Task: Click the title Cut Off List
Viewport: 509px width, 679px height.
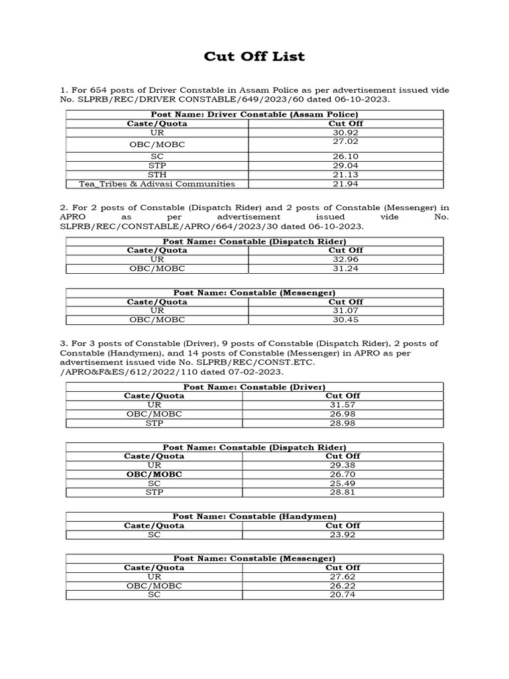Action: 254,56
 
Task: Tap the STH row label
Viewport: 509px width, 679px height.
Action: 157,174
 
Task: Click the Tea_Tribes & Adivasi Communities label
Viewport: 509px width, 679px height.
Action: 157,184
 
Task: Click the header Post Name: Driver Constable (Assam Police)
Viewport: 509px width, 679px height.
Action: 254,114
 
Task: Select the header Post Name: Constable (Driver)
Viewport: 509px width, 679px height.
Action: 254,387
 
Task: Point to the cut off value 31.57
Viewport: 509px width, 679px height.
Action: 343,404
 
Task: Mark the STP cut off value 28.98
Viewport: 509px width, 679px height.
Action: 343,423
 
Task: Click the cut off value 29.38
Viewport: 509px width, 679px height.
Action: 343,465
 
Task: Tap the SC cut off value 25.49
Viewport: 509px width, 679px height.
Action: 343,483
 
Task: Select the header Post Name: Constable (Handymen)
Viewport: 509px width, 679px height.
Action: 254,517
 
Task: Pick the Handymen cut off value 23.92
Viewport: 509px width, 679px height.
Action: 343,534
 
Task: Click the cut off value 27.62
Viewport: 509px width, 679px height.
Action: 343,577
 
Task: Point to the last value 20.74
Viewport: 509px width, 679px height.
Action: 343,595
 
